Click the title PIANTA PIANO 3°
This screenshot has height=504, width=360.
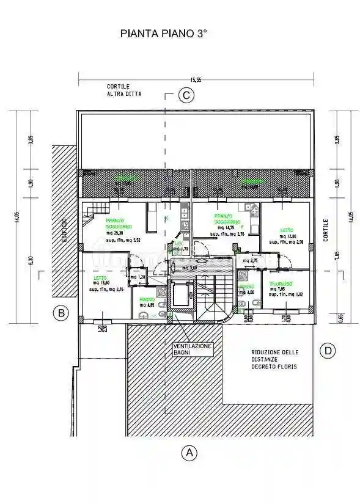(x=163, y=36)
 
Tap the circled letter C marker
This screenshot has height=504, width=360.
(x=186, y=95)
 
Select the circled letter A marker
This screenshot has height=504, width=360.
(x=188, y=453)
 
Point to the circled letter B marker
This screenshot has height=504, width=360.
(x=61, y=314)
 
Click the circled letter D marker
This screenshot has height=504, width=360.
(x=328, y=351)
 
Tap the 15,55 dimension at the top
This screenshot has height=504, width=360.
(x=196, y=79)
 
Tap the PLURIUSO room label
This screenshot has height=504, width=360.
(x=282, y=283)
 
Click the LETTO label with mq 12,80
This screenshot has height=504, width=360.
(x=287, y=231)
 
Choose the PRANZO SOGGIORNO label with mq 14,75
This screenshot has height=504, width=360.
(x=224, y=218)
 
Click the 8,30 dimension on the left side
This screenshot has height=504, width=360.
(x=31, y=260)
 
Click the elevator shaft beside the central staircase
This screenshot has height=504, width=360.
(x=182, y=298)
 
